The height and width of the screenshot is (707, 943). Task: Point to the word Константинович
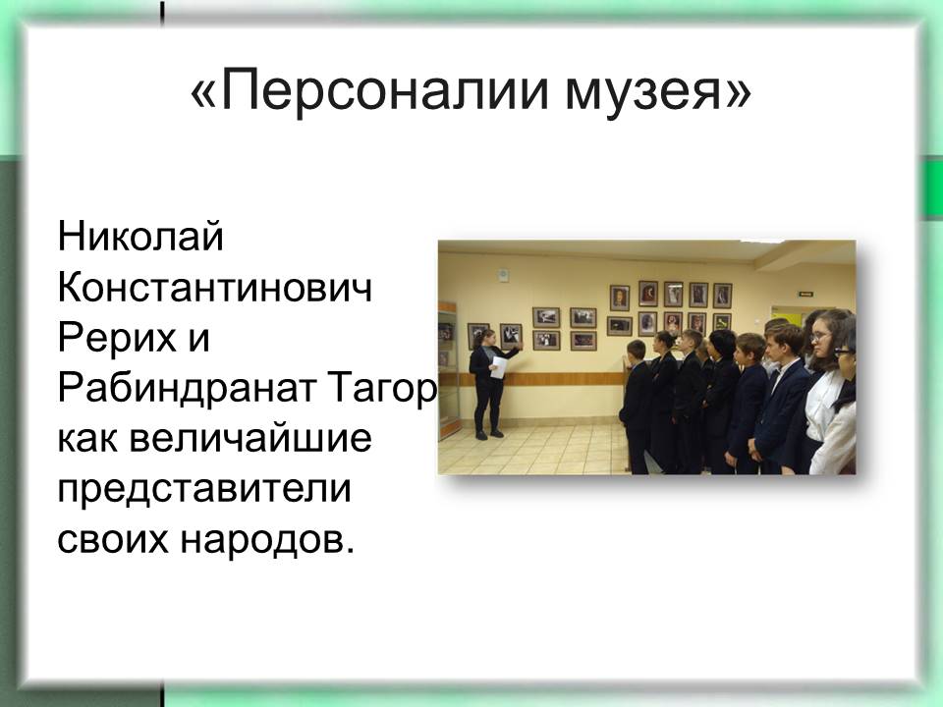pyautogui.click(x=215, y=287)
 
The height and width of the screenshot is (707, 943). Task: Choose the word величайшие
pyautogui.click(x=250, y=440)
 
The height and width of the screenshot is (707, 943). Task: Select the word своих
pyautogui.click(x=112, y=541)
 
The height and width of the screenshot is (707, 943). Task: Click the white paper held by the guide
pyautogui.click(x=499, y=366)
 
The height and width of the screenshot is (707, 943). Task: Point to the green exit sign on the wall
pyautogui.click(x=806, y=294)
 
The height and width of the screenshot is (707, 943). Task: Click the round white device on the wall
pyautogui.click(x=503, y=275)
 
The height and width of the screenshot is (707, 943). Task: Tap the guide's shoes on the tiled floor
pyautogui.click(x=488, y=434)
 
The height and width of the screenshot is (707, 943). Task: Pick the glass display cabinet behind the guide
pyautogui.click(x=449, y=371)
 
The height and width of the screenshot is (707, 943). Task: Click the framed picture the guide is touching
pyautogui.click(x=511, y=335)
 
